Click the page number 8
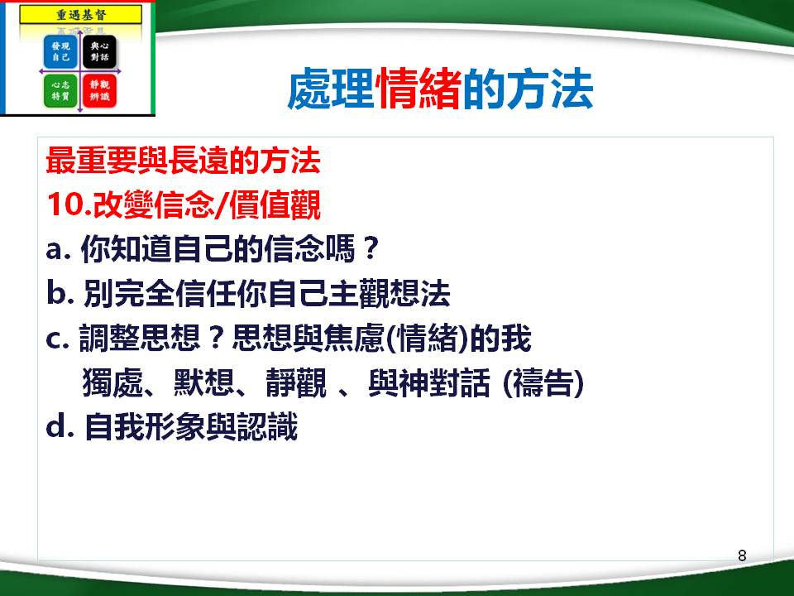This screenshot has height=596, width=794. (741, 555)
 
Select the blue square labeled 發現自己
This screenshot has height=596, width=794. (60, 55)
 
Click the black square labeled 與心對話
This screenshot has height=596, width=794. (99, 55)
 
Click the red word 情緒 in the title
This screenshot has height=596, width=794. (418, 92)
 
